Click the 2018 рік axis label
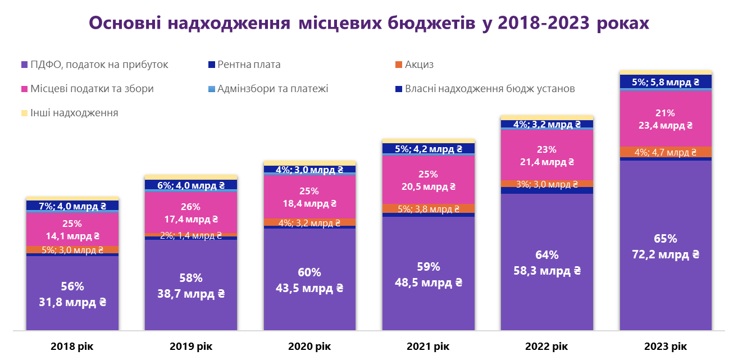pyautogui.click(x=72, y=346)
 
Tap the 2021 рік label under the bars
pyautogui.click(x=428, y=346)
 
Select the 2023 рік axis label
pyautogui.click(x=665, y=346)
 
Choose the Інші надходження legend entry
pyautogui.click(x=74, y=113)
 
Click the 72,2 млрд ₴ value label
pyautogui.click(x=665, y=254)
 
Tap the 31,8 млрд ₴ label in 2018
pyautogui.click(x=72, y=302)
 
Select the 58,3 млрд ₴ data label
pyautogui.click(x=546, y=270)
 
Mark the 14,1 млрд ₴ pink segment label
pyautogui.click(x=72, y=236)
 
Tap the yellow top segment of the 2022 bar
pyautogui.click(x=546, y=117)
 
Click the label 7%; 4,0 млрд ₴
pyautogui.click(x=72, y=206)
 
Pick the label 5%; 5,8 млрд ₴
pyautogui.click(x=665, y=82)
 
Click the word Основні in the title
pyautogui.click(x=125, y=23)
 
